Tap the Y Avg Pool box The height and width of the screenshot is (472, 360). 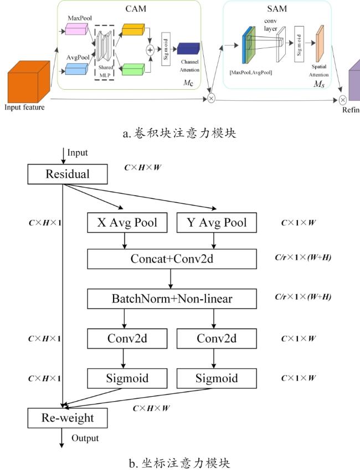coord(217,223)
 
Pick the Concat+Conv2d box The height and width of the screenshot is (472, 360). coord(172,259)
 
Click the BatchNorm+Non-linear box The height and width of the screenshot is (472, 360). coord(172,299)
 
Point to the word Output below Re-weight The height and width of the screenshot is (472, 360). coord(85,438)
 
